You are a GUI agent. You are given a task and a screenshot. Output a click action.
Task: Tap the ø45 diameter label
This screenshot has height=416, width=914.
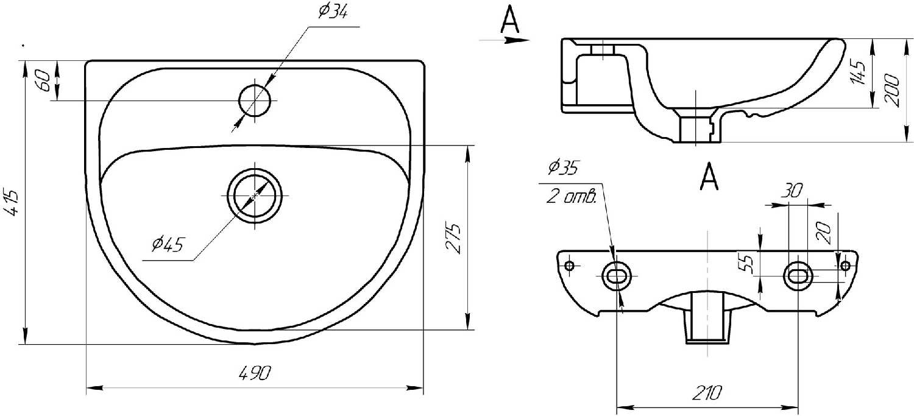[168, 245]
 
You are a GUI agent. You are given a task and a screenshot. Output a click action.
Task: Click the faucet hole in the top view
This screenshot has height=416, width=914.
[255, 100]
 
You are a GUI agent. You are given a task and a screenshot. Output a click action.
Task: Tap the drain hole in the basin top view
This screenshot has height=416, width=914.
[255, 195]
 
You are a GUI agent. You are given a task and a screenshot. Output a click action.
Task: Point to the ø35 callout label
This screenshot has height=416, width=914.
[564, 167]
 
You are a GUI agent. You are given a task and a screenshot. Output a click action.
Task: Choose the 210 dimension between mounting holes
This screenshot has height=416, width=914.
[707, 393]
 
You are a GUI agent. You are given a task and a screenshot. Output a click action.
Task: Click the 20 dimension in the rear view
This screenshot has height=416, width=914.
[823, 233]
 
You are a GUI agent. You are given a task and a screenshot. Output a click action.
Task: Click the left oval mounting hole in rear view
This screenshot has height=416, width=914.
[615, 276]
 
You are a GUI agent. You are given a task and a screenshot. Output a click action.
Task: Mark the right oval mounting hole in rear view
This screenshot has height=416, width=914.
[798, 275]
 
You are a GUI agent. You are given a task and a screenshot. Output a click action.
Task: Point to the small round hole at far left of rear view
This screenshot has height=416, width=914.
[570, 266]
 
